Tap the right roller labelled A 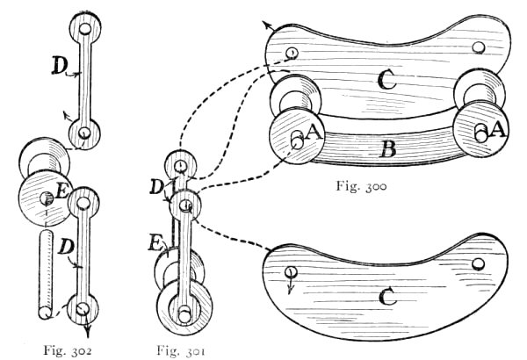(483, 131)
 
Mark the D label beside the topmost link (60, 66)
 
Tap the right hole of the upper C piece (478, 47)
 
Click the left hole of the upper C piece (291, 54)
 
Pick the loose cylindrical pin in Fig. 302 (44, 272)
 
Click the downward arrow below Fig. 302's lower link (87, 331)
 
